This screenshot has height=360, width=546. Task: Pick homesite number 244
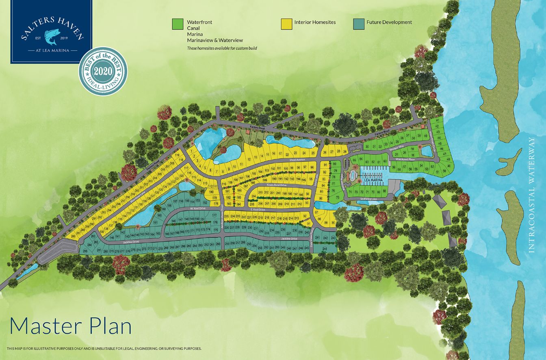point(325,248)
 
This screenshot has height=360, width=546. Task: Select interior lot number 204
point(253,195)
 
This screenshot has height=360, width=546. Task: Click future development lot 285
point(85,251)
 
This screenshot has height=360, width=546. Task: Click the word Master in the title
point(45,326)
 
